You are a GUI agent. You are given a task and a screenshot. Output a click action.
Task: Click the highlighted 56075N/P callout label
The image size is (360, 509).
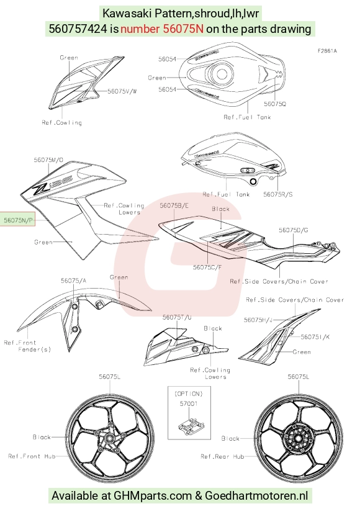click(x=18, y=220)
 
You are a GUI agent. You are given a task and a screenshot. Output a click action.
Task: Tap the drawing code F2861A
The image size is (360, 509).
click(x=327, y=51)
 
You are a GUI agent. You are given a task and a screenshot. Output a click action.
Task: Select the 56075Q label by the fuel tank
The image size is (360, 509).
click(x=275, y=104)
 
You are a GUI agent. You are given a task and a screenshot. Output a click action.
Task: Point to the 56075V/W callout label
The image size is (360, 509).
click(x=122, y=91)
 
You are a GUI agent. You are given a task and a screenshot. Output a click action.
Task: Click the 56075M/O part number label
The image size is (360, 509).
click(x=48, y=160)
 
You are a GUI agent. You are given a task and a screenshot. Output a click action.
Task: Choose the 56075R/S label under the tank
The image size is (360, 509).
click(x=278, y=194)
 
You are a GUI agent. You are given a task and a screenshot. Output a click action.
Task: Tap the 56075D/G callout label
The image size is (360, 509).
click(x=294, y=230)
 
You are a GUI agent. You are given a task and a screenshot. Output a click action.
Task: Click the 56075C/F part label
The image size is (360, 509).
click(x=207, y=267)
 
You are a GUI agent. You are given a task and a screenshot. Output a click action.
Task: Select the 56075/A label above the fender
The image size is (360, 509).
click(x=74, y=281)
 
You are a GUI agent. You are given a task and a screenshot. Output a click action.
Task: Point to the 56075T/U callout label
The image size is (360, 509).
click(x=177, y=317)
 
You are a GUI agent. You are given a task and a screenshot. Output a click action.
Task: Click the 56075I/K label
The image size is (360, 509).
click(x=315, y=337)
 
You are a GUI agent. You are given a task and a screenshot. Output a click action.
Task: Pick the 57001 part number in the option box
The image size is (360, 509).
click(x=189, y=404)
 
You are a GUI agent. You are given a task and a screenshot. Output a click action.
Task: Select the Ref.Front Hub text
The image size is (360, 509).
click(x=32, y=456)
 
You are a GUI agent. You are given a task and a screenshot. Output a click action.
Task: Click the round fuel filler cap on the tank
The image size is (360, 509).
click(x=221, y=73)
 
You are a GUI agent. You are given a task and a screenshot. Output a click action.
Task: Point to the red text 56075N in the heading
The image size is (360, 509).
click(x=183, y=29)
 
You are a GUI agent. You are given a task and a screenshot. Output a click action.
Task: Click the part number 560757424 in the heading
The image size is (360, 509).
click(x=78, y=29)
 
